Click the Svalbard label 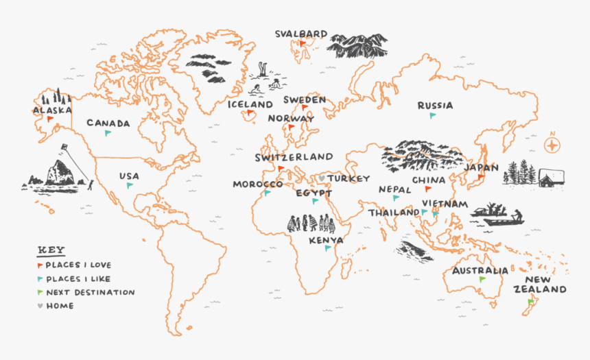point(301,34)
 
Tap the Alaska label point(52,110)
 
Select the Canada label point(108,123)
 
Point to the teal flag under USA point(129,184)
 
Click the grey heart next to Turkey point(320,178)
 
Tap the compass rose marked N point(552,145)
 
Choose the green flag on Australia point(482,279)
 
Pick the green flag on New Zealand point(530,301)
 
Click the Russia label point(435,106)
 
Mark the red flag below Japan point(481,177)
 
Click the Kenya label point(326,240)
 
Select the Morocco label point(257,184)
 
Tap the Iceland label point(250,104)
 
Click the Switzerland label point(294,157)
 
